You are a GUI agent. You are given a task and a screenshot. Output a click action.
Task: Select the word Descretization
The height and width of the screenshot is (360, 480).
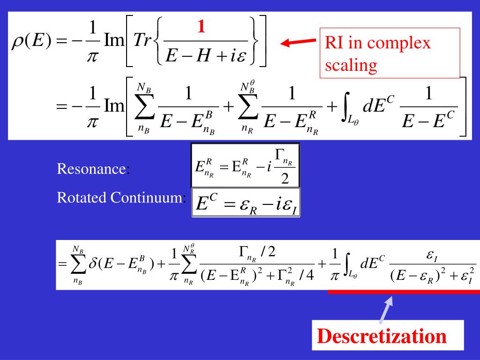pyautogui.click(x=382, y=336)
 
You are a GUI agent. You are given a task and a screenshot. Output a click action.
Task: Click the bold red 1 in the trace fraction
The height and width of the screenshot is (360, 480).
pyautogui.click(x=201, y=28)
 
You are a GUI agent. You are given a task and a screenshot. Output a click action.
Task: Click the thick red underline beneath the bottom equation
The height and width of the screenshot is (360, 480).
pyautogui.click(x=403, y=292)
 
